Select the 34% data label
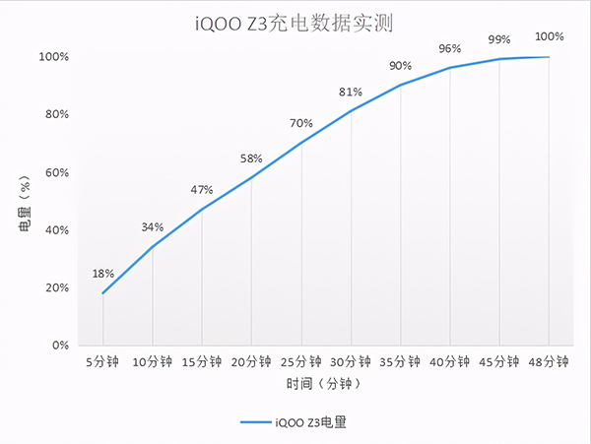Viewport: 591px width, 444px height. point(153,226)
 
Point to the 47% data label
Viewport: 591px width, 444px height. point(202,189)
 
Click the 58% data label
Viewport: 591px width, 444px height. point(251,158)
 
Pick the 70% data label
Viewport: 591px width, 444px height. point(301,123)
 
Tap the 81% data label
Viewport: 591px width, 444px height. point(351,92)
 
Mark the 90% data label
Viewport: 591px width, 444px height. point(400,66)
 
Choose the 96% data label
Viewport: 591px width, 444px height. point(450,48)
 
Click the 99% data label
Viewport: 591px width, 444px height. point(499,39)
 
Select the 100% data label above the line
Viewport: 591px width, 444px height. point(550,36)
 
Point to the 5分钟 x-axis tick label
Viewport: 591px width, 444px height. point(102,361)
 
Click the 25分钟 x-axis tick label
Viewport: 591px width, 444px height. point(301,361)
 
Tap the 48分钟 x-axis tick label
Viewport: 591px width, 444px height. point(549,361)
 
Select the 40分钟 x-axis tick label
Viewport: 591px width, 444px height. point(450,361)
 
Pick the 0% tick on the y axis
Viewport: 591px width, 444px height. point(58,346)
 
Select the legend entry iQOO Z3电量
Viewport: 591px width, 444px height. point(295,422)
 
